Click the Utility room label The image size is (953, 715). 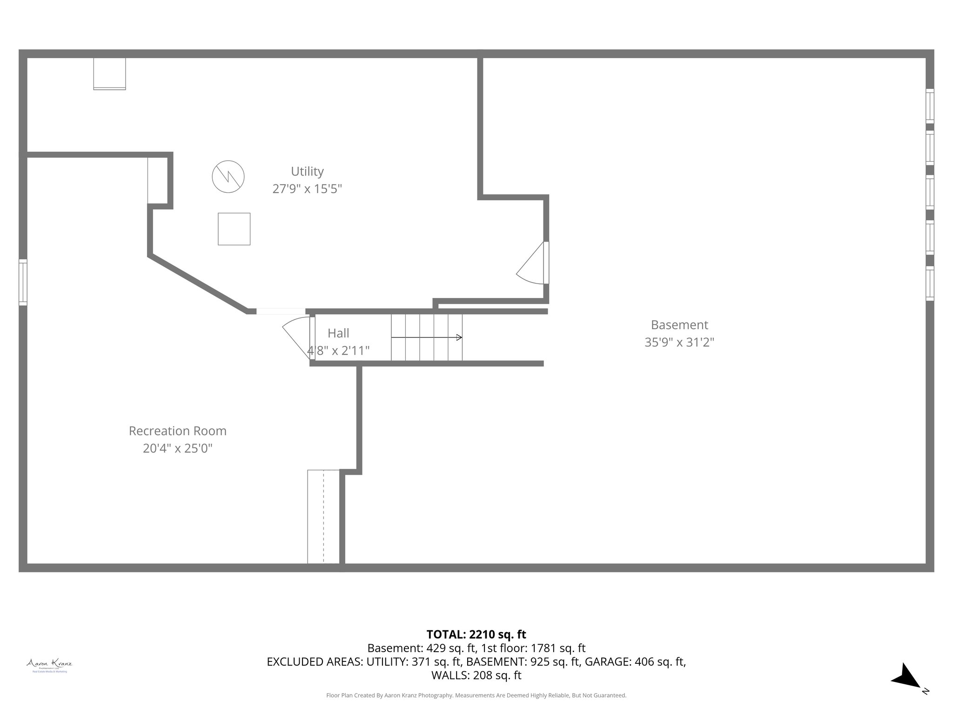click(x=307, y=171)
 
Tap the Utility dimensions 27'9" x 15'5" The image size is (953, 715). click(x=307, y=189)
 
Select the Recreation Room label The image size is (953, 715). click(x=178, y=431)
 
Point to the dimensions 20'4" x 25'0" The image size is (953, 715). click(x=178, y=448)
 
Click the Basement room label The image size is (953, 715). click(x=679, y=325)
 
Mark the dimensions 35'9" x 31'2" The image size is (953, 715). click(x=679, y=342)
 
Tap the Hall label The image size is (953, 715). click(x=338, y=333)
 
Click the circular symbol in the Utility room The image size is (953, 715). click(x=228, y=177)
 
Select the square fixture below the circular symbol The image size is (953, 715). click(x=234, y=229)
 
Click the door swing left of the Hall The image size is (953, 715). click(x=297, y=334)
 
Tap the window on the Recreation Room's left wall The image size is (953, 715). click(x=23, y=282)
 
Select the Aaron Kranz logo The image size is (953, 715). click(x=49, y=665)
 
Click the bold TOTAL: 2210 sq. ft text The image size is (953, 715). click(x=476, y=634)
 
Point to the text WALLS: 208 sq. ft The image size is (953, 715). click(x=476, y=675)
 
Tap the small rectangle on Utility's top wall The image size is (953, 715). click(x=109, y=74)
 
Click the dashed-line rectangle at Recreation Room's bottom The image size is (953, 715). click(x=323, y=517)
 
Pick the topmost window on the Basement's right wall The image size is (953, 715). click(x=929, y=106)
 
